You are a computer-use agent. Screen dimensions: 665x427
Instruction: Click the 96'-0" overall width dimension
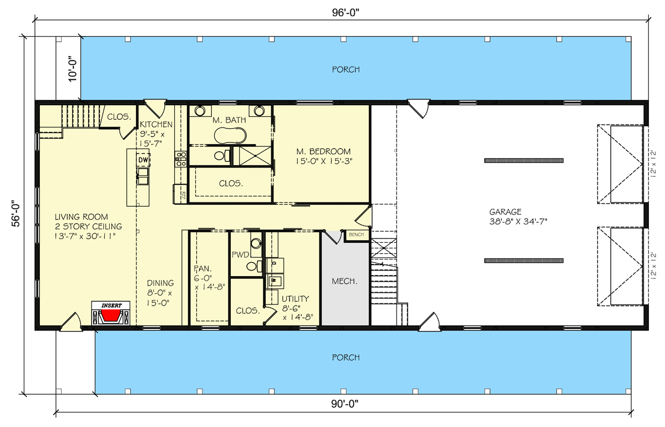[345, 12]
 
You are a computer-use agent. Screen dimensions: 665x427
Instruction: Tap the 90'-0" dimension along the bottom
[345, 404]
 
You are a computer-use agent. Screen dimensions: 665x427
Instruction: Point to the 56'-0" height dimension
[16, 213]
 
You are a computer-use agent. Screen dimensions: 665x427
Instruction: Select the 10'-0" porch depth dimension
[73, 69]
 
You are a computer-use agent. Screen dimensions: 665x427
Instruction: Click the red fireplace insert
[111, 316]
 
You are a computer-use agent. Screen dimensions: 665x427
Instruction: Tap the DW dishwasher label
[143, 160]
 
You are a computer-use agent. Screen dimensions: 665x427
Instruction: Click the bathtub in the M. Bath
[230, 136]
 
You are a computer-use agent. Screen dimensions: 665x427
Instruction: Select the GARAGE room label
[505, 212]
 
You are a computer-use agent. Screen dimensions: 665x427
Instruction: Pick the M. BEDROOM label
[323, 151]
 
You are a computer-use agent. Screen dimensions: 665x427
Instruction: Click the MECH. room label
[344, 281]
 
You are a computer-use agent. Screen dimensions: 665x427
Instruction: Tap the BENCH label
[356, 235]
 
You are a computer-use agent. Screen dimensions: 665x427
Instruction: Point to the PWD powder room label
[240, 255]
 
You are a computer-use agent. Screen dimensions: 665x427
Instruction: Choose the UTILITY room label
[295, 298]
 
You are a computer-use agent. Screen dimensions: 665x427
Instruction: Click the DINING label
[160, 283]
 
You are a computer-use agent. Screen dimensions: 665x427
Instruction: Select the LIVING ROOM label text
[82, 217]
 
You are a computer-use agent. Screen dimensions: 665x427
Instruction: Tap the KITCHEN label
[156, 124]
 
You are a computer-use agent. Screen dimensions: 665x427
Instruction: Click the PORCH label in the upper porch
[346, 69]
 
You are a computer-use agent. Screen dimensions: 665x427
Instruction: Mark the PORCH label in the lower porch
[346, 358]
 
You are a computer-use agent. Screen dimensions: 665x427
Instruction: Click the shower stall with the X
[252, 155]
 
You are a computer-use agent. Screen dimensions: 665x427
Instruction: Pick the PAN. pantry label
[203, 269]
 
